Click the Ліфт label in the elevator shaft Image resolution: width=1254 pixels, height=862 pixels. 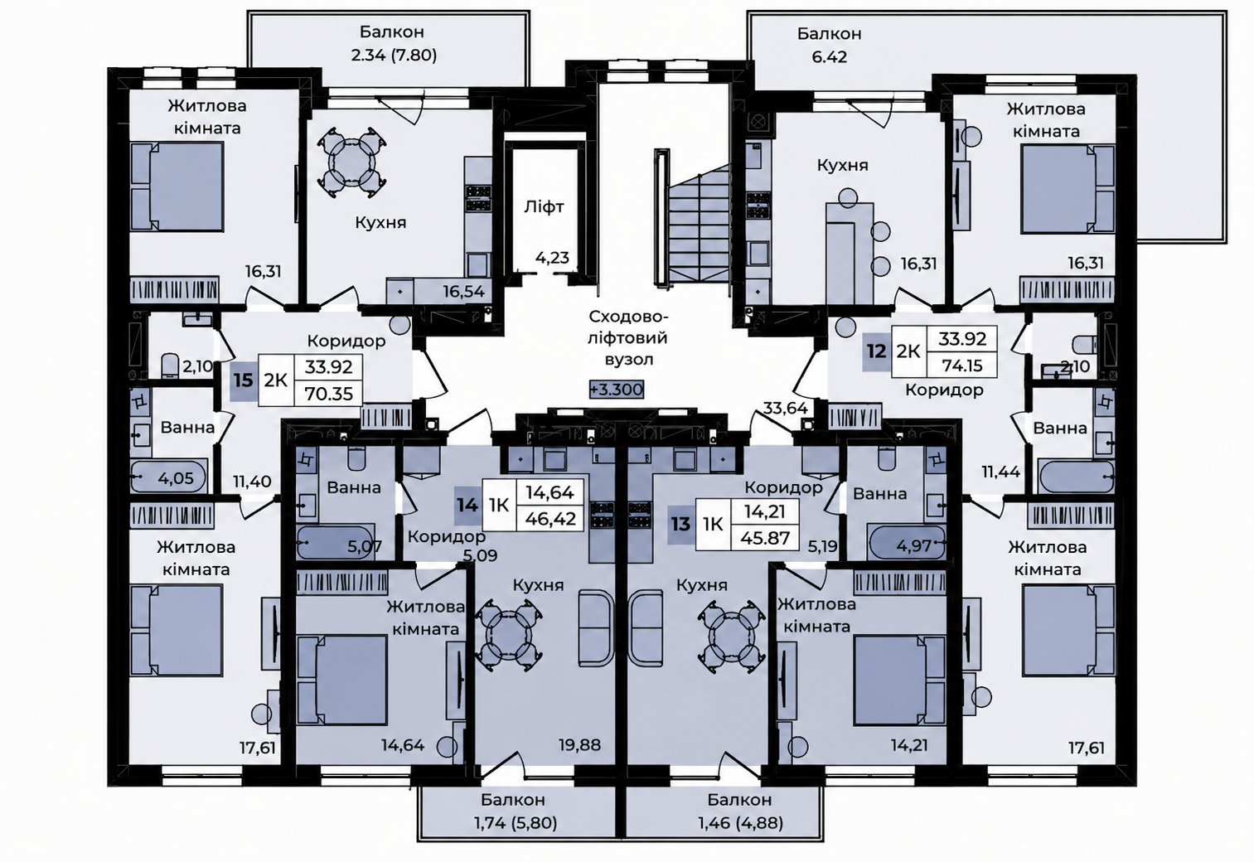[544, 207]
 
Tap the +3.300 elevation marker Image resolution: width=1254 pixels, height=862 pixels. [617, 389]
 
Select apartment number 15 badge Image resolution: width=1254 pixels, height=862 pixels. [244, 381]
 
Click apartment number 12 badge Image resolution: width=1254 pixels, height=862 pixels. [876, 351]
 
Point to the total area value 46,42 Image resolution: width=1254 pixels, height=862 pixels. [550, 519]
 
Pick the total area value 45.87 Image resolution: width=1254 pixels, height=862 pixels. [765, 538]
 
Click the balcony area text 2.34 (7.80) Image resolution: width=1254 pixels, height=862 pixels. [394, 56]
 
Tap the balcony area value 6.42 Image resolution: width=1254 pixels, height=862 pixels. [829, 57]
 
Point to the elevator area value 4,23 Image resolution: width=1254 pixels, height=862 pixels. [552, 258]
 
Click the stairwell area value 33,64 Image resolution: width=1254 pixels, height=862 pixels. [786, 409]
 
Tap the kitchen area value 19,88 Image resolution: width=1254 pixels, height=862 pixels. [579, 744]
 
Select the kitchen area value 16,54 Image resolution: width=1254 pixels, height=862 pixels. [463, 291]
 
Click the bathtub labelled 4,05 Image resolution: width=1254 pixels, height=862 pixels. [169, 477]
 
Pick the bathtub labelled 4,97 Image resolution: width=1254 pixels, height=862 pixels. [907, 542]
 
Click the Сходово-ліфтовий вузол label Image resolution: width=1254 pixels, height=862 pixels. [629, 338]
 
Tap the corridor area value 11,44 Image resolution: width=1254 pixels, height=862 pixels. [1001, 472]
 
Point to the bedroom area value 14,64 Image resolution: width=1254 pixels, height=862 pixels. [403, 745]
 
